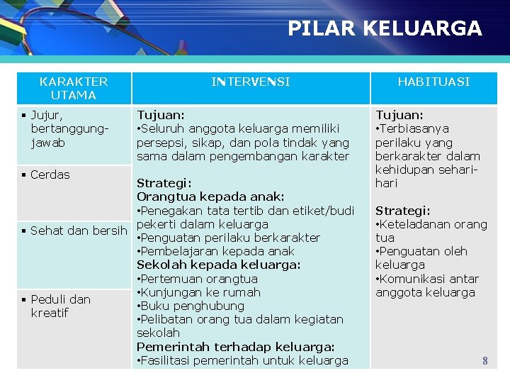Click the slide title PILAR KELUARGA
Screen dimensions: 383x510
click(x=385, y=28)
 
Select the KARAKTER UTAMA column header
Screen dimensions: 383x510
click(x=74, y=88)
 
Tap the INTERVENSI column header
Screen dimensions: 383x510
click(x=250, y=82)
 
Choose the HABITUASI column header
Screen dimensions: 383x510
click(x=433, y=82)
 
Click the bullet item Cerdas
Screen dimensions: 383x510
click(x=50, y=174)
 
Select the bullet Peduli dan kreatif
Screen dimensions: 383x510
click(x=60, y=306)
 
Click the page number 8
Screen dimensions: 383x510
click(x=485, y=361)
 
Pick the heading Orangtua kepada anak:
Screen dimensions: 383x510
click(x=210, y=196)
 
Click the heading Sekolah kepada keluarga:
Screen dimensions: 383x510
click(x=218, y=265)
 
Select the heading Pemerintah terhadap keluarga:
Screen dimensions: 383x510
click(x=235, y=347)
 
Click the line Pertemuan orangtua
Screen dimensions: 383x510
click(x=199, y=279)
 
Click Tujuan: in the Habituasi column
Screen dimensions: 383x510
click(x=399, y=115)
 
